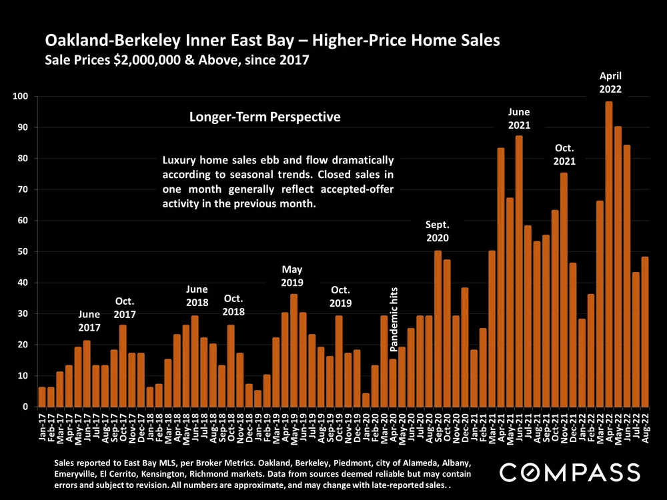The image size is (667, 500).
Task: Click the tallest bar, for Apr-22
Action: [609, 254]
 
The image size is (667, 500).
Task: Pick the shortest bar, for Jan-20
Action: [366, 400]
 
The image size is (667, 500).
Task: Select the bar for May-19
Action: [294, 351]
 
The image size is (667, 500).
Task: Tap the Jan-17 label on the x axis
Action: [43, 428]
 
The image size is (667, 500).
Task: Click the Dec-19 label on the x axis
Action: [358, 428]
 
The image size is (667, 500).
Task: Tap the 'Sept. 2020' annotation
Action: [438, 231]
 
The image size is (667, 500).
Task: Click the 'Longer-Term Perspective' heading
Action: [265, 117]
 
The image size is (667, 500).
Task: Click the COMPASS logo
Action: [570, 473]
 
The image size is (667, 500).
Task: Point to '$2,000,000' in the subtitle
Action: [145, 61]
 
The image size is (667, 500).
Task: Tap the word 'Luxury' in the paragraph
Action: [181, 161]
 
